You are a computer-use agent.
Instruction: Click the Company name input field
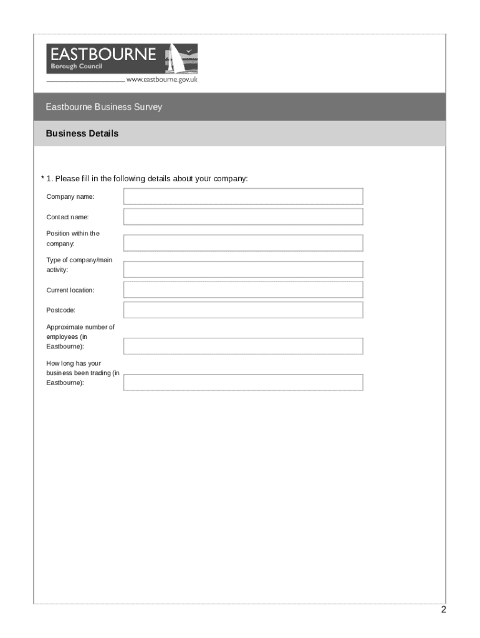243,197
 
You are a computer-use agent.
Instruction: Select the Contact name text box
243,217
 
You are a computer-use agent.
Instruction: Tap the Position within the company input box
243,243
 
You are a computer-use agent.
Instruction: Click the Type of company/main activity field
243,270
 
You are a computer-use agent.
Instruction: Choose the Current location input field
243,290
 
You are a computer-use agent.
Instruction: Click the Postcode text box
243,310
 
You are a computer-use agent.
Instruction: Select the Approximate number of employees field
243,346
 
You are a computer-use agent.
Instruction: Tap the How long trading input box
243,382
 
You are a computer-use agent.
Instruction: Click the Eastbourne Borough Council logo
122,59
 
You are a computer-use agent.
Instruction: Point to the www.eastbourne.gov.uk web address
162,80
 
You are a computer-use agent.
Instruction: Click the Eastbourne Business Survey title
103,107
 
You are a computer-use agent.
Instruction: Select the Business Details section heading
82,133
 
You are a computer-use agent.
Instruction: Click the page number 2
443,610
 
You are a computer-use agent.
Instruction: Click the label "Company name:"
70,197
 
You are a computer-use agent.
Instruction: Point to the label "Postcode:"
60,310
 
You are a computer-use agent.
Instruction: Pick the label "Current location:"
70,290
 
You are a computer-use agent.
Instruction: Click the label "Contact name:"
67,217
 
